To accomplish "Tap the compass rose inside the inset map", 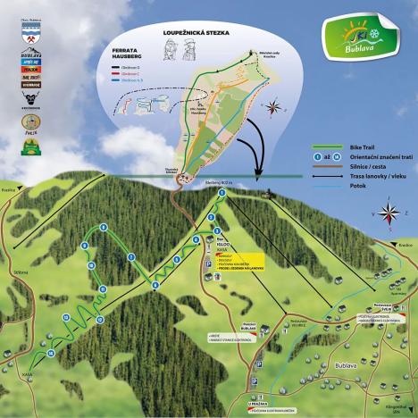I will [272, 109].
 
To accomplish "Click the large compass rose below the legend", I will [390, 214].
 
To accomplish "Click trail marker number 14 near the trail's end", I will [52, 353].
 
